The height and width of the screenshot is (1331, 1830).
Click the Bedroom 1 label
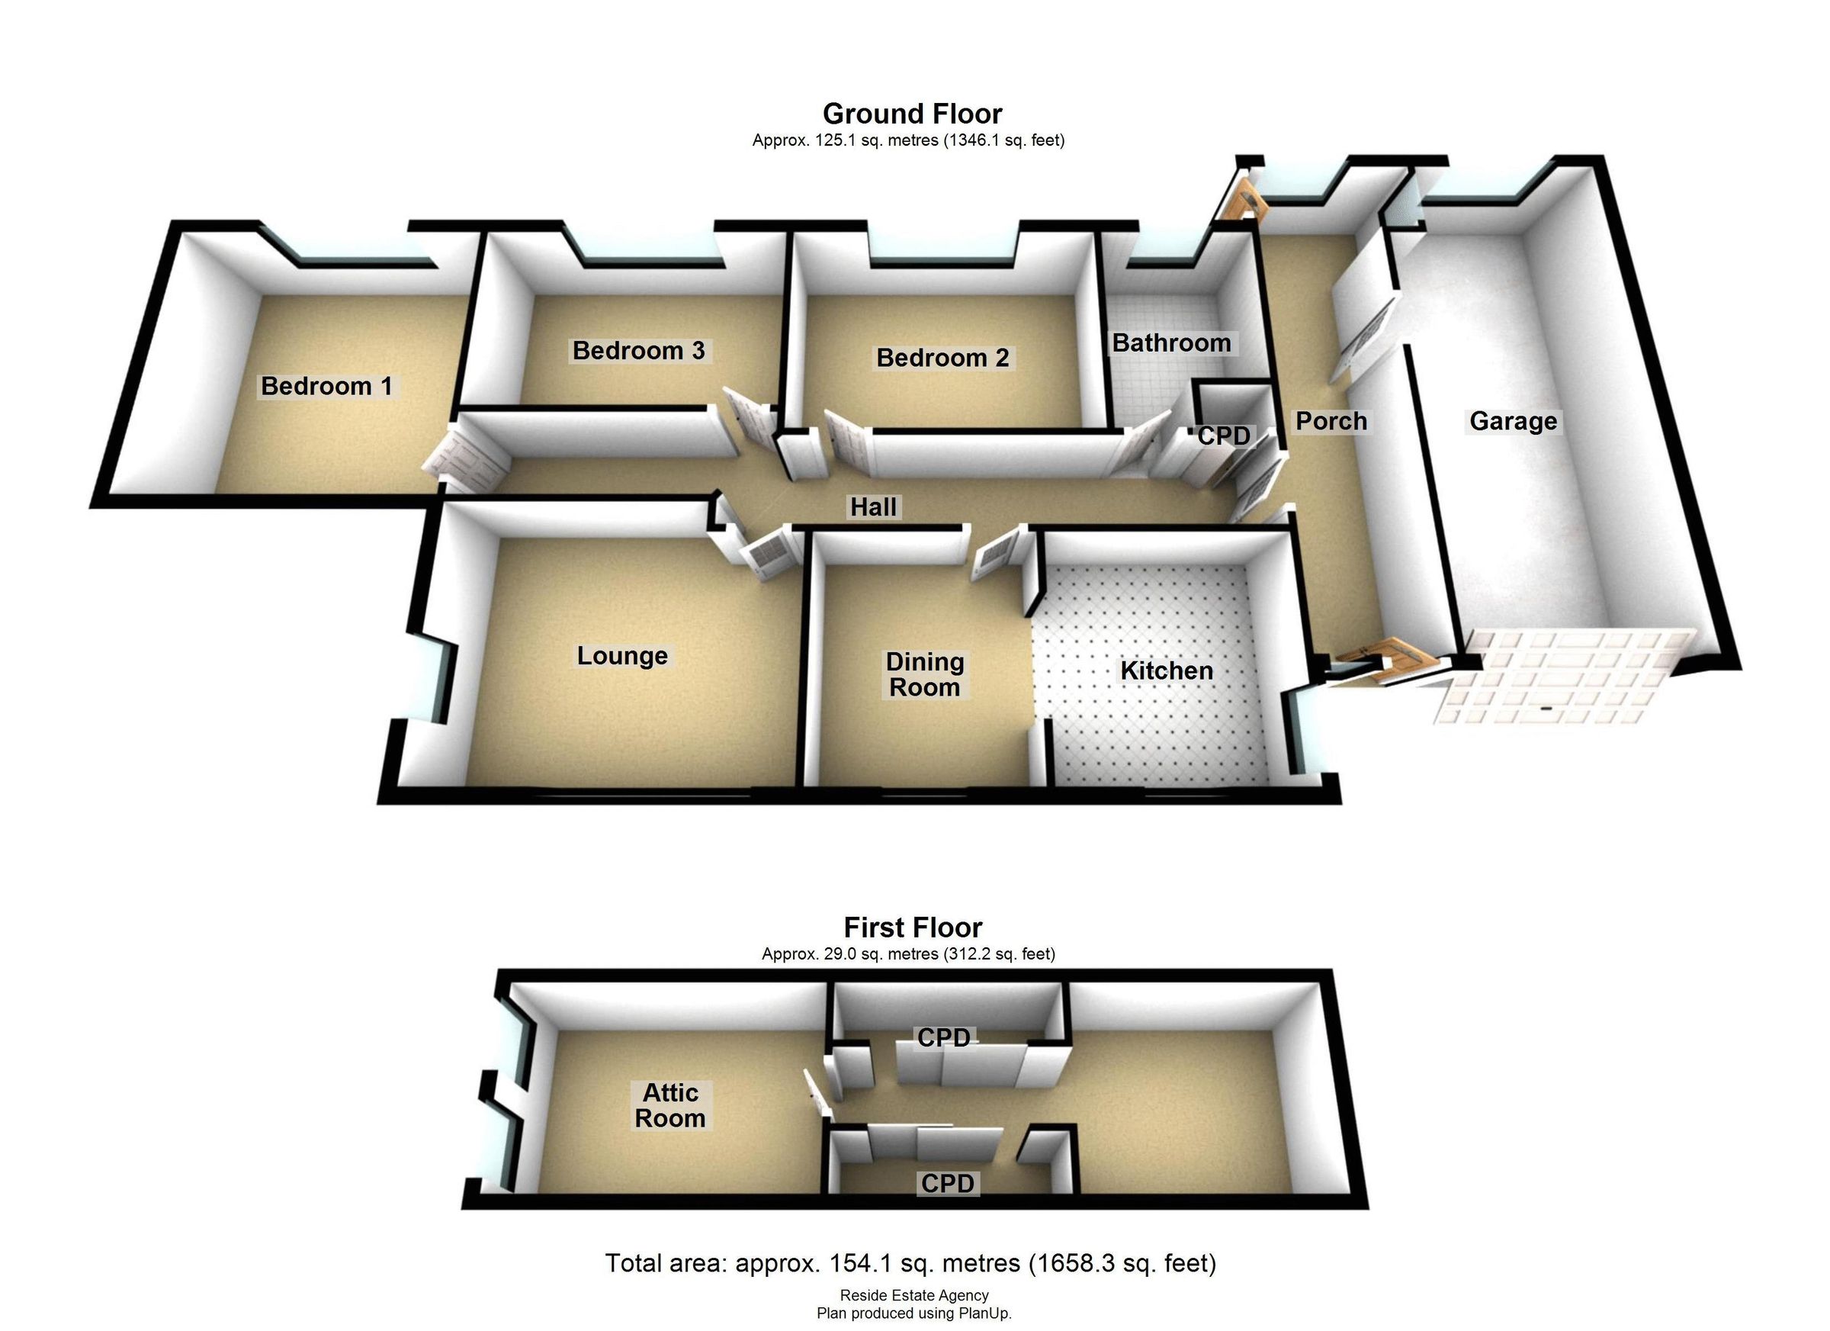tap(326, 386)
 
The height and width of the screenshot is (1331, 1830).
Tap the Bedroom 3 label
tap(638, 350)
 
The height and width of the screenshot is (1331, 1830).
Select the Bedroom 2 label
tap(942, 358)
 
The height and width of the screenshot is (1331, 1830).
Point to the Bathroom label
tap(1170, 343)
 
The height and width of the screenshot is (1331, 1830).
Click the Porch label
tap(1331, 420)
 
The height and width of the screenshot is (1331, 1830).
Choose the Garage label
tap(1513, 420)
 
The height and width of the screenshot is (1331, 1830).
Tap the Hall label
tap(873, 507)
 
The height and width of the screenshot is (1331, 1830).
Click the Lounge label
tap(622, 655)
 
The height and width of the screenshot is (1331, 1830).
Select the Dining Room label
tap(925, 675)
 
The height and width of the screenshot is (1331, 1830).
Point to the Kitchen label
tap(1166, 670)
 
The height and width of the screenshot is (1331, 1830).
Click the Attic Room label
tap(669, 1105)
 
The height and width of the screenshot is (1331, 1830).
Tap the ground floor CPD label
tap(1223, 436)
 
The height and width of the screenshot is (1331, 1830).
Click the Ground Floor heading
tap(912, 114)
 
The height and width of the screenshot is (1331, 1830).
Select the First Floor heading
tap(913, 928)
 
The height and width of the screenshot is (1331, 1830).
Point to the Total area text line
tap(910, 1263)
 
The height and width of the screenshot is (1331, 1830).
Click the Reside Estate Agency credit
tap(913, 1295)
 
